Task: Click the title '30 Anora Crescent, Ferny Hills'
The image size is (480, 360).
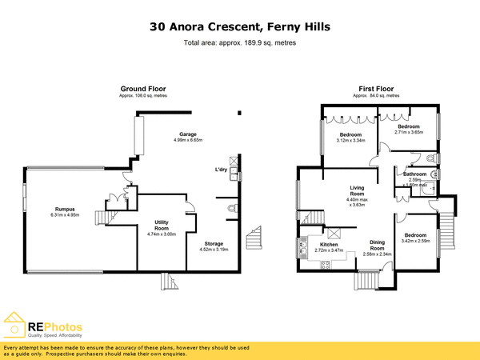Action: point(240,26)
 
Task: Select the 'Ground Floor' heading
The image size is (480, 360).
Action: point(141,88)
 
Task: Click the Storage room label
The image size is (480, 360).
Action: point(213,243)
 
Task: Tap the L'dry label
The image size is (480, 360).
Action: point(221,170)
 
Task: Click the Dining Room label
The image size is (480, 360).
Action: point(377,245)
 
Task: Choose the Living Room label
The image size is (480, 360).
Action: point(357,191)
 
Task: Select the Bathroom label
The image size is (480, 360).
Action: point(414,174)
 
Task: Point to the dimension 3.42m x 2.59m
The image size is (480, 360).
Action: point(416,240)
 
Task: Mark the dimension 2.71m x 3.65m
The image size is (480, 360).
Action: point(409,133)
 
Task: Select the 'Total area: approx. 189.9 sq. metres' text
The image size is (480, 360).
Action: point(240,42)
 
